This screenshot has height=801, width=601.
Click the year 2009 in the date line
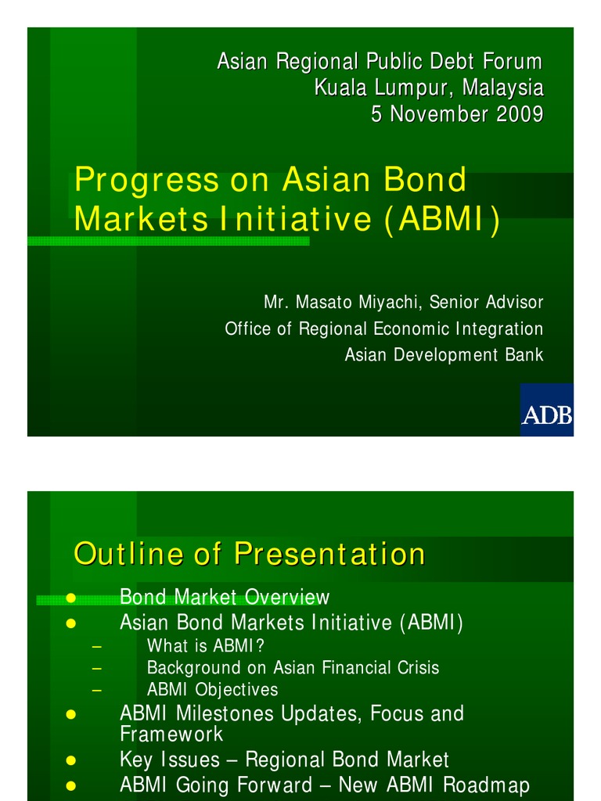(518, 114)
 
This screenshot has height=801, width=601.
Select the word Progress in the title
(146, 181)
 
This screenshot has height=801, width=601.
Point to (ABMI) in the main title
(441, 220)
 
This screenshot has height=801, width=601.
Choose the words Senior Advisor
(496, 302)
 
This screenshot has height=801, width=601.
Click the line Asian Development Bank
(444, 355)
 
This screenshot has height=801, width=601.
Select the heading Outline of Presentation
(249, 554)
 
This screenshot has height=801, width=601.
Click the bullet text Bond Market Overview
(225, 598)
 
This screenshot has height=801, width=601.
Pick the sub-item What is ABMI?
(206, 646)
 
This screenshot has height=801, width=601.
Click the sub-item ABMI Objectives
(212, 690)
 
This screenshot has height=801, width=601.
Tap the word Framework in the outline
(171, 735)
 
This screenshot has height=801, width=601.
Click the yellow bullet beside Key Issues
(70, 760)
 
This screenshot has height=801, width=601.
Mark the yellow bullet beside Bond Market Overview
(70, 598)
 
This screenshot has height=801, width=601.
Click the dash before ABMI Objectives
(96, 690)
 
